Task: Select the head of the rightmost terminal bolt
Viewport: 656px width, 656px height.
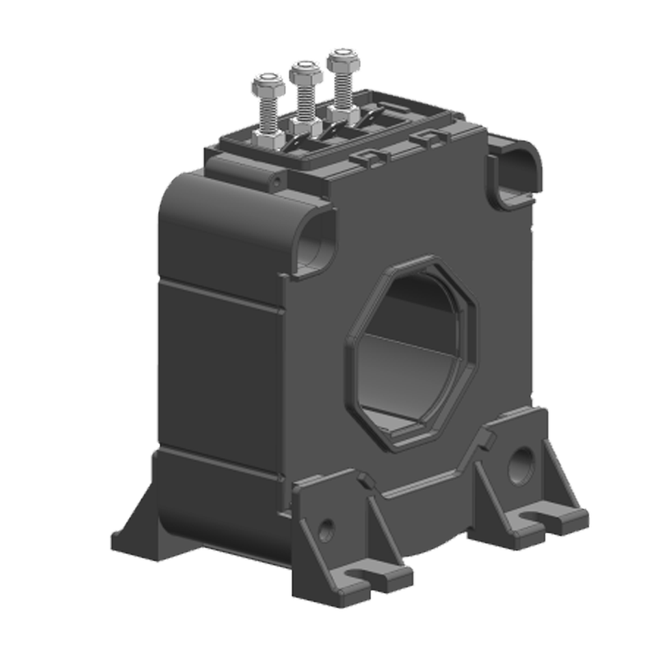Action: [x=340, y=60]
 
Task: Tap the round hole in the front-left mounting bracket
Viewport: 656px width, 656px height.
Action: [x=326, y=529]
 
